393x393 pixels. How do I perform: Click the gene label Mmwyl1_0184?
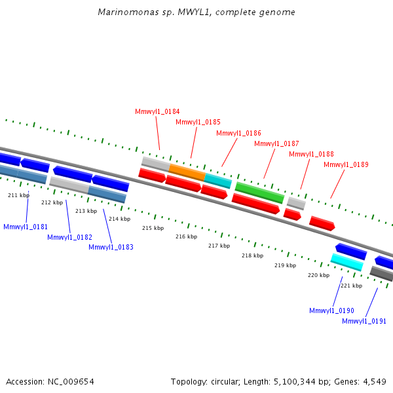pyautogui.click(x=157, y=111)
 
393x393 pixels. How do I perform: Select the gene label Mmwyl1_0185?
pyautogui.click(x=198, y=122)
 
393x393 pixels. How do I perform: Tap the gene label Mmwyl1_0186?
pyautogui.click(x=238, y=133)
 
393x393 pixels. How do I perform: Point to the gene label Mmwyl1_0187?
pyautogui.click(x=276, y=143)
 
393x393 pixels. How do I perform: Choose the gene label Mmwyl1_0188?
pyautogui.click(x=311, y=154)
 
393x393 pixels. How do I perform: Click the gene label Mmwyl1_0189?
pyautogui.click(x=346, y=164)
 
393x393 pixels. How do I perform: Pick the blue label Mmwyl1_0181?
pyautogui.click(x=26, y=227)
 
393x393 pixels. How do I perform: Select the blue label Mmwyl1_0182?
pyautogui.click(x=69, y=237)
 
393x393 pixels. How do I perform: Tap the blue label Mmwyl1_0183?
pyautogui.click(x=111, y=247)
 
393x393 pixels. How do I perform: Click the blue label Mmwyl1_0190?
pyautogui.click(x=331, y=310)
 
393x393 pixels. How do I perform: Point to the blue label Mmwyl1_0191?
pyautogui.click(x=364, y=321)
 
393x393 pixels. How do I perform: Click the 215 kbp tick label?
pyautogui.click(x=153, y=228)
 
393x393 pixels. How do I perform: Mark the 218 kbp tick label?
pyautogui.click(x=252, y=255)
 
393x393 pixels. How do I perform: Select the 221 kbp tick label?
pyautogui.click(x=351, y=286)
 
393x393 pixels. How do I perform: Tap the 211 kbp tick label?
pyautogui.click(x=18, y=195)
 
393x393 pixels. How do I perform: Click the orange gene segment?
pyautogui.click(x=187, y=172)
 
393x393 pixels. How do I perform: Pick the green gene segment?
pyautogui.click(x=259, y=192)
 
